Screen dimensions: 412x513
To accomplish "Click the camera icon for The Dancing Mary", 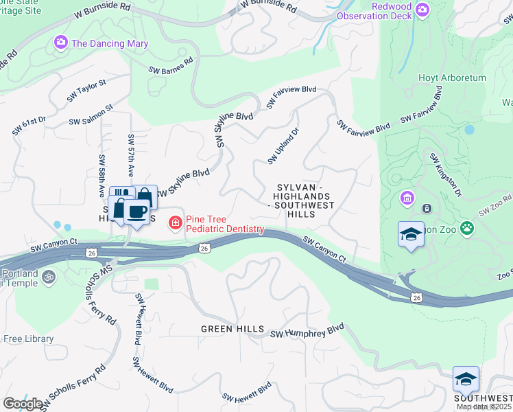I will (x=61, y=43).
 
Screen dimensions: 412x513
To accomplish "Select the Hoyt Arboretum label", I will (x=452, y=78).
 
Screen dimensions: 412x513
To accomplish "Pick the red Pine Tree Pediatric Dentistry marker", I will (x=175, y=222).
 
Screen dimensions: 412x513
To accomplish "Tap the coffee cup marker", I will (x=137, y=212).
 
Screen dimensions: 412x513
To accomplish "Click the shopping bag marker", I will (x=145, y=197).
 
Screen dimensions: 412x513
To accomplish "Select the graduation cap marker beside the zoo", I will (x=411, y=235).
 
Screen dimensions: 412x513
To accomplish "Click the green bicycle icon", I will (x=48, y=277).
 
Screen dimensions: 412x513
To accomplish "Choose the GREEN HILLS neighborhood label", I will (x=232, y=330).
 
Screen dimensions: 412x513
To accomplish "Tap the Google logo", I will (x=23, y=403).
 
